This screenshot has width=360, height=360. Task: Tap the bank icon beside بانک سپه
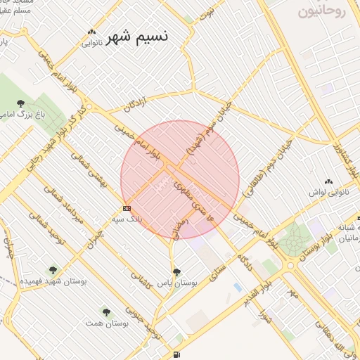[126, 208]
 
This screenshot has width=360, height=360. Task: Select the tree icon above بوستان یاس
[176, 271]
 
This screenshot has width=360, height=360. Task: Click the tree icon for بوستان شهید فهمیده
[53, 269]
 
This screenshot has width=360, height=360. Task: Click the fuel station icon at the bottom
[176, 353]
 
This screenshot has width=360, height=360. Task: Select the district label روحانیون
[323, 11]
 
